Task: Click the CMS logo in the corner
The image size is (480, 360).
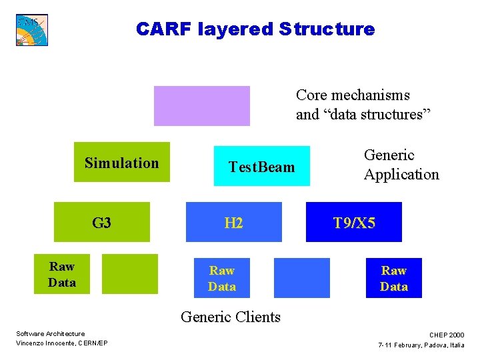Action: tap(32, 29)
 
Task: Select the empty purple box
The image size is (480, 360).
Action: tap(201, 105)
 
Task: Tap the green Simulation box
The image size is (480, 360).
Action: tap(122, 162)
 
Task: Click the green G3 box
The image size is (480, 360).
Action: tap(102, 222)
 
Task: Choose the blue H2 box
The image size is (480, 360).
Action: tap(233, 222)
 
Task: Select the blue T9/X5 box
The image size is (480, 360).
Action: tap(354, 222)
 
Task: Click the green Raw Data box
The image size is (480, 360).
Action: tap(62, 274)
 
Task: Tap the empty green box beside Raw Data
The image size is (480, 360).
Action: tap(130, 274)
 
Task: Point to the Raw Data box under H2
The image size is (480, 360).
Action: tap(222, 278)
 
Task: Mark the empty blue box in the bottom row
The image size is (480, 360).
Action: tap(301, 278)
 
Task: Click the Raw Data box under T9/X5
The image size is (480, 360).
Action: tap(393, 278)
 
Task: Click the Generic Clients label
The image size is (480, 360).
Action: tap(231, 317)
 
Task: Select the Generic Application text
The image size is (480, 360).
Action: tap(401, 165)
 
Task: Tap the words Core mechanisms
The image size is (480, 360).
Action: tap(353, 95)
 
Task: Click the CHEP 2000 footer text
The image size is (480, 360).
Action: tap(447, 335)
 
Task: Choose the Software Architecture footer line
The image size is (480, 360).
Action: tap(51, 333)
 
